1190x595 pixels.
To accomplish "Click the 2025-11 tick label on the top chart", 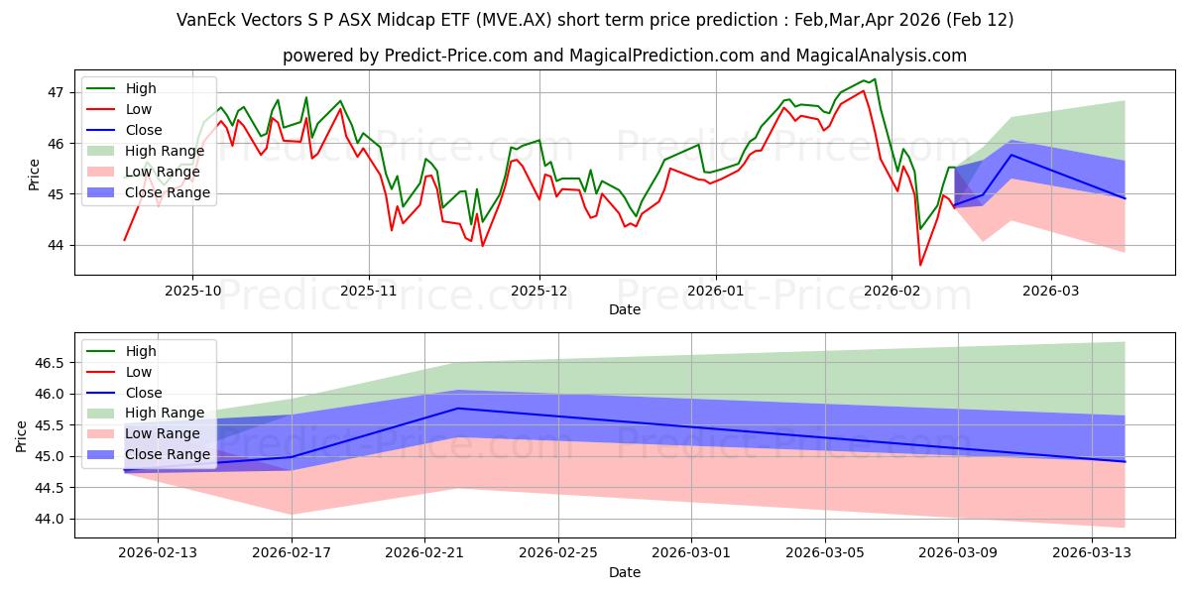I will (369, 292).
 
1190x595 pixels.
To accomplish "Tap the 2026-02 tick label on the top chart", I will (892, 292).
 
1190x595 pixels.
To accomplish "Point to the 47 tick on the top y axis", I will (56, 92).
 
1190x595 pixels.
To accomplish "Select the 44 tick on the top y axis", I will (56, 245).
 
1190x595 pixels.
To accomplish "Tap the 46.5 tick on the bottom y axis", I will (50, 363).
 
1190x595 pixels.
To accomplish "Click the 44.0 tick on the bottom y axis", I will (50, 519).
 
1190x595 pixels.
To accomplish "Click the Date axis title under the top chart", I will (625, 310).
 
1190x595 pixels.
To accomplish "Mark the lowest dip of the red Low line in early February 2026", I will (920, 265).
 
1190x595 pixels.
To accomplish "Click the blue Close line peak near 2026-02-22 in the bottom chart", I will (458, 408).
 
